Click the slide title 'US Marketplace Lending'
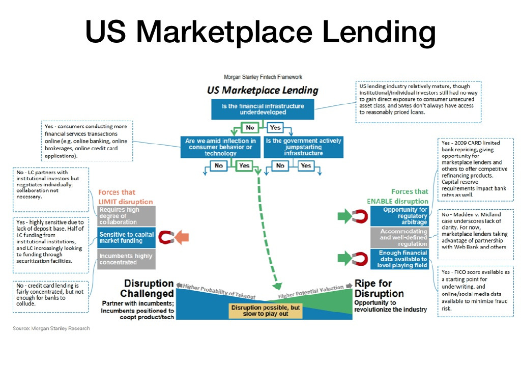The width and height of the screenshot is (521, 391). click(260, 32)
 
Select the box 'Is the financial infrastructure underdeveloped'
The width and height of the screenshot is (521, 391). click(263, 109)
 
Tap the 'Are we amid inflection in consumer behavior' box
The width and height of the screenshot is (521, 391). click(220, 147)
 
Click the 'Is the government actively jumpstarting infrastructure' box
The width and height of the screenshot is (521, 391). click(303, 147)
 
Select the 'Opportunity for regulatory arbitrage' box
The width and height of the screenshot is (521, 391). click(399, 216)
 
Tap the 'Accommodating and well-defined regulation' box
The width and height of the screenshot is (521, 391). click(399, 237)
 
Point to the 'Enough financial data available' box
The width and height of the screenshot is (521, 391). click(399, 259)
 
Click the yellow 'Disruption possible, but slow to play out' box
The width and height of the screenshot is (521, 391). click(265, 311)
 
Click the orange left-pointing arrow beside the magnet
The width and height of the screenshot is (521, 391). click(182, 237)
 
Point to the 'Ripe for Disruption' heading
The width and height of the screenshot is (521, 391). click(379, 288)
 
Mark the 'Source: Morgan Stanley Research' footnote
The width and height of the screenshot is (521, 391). click(51, 328)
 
